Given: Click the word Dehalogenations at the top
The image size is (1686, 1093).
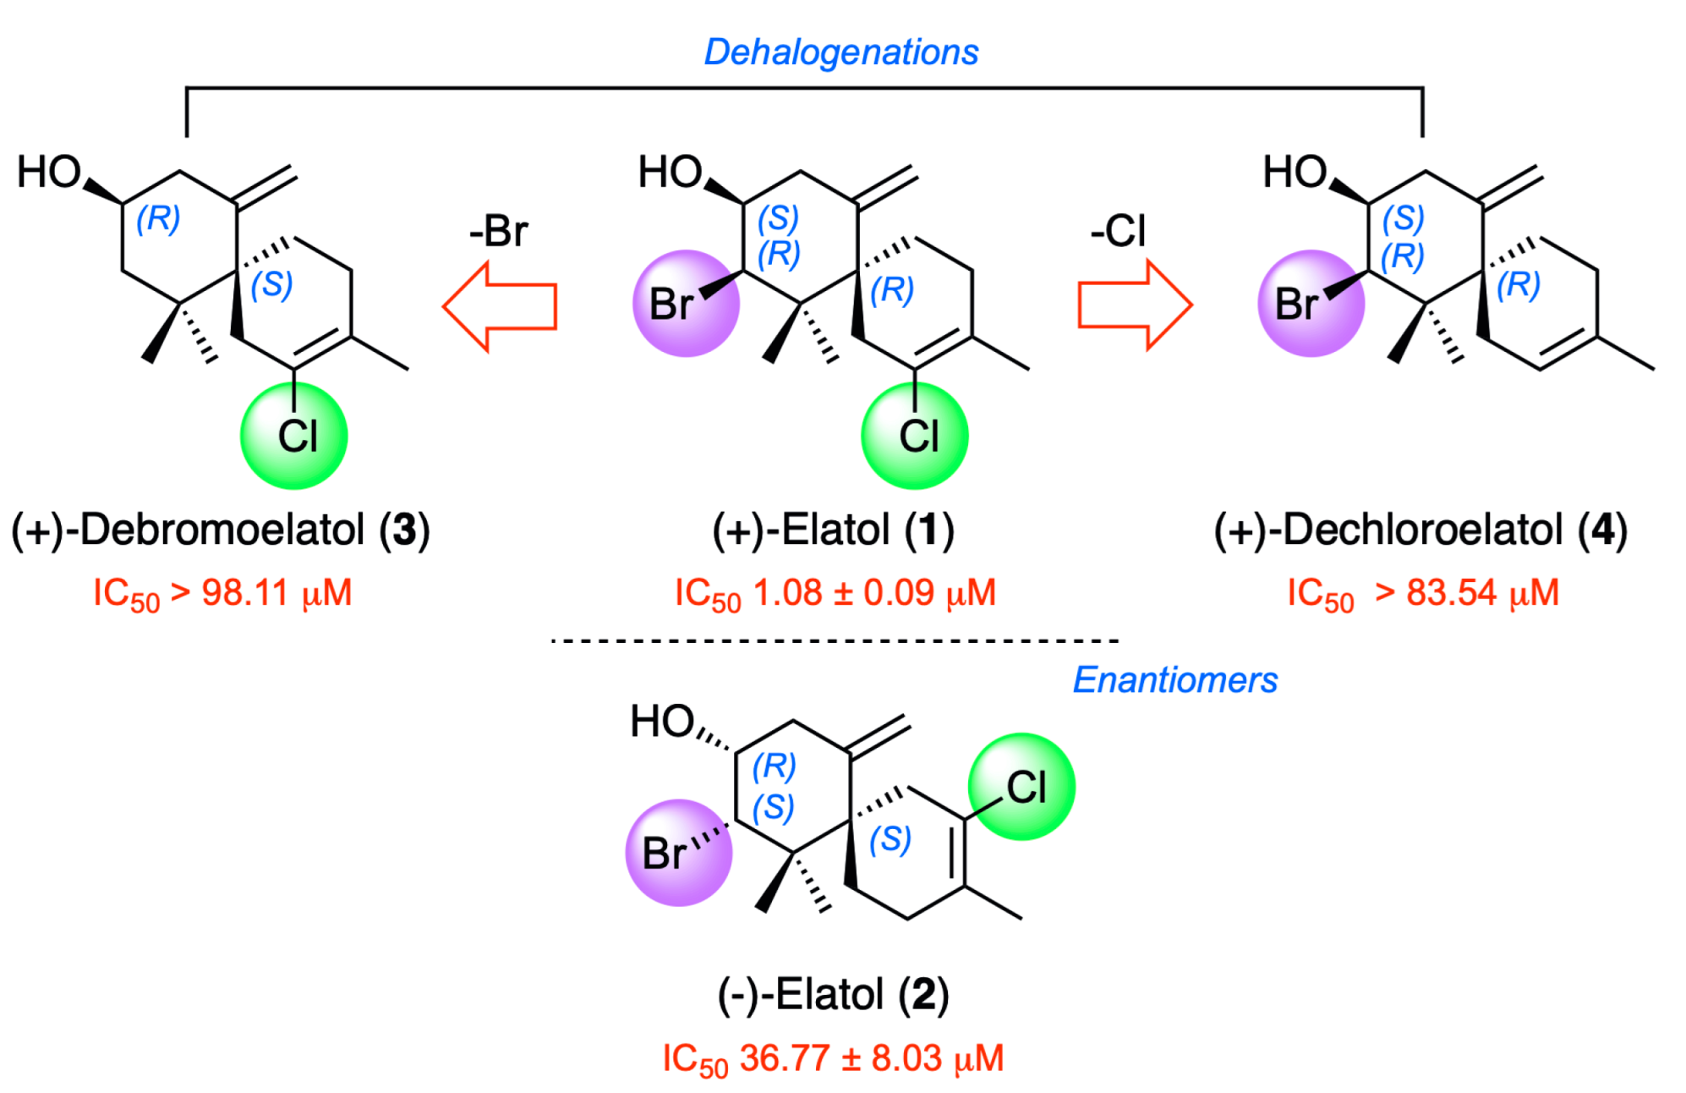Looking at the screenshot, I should (x=840, y=52).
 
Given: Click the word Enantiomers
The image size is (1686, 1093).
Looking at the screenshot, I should (x=1174, y=680).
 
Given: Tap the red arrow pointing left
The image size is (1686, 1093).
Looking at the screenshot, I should (x=500, y=305).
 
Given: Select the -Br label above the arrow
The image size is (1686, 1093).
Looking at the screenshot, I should (x=499, y=231).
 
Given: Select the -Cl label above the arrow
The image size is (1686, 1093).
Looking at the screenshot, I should (x=1118, y=231).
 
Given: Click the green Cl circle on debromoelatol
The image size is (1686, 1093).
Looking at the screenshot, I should (x=294, y=436).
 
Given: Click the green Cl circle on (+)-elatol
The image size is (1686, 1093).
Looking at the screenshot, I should (x=915, y=436).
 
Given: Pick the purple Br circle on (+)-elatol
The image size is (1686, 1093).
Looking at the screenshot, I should (x=685, y=304).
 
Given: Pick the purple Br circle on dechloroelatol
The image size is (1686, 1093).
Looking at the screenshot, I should (x=1310, y=304).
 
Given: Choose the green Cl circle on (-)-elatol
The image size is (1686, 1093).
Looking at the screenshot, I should (x=1021, y=787).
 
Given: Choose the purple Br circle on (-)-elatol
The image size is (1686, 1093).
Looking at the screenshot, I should (x=678, y=853).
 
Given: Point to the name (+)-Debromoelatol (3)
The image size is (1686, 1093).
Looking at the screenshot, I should (x=221, y=530).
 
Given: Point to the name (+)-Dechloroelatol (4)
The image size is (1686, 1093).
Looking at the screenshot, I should (x=1421, y=530).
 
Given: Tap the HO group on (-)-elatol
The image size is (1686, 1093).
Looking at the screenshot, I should (x=661, y=722).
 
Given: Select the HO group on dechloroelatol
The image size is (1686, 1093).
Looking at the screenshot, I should (x=1294, y=173).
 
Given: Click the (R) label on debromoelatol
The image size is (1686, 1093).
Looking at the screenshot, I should (x=158, y=218).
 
